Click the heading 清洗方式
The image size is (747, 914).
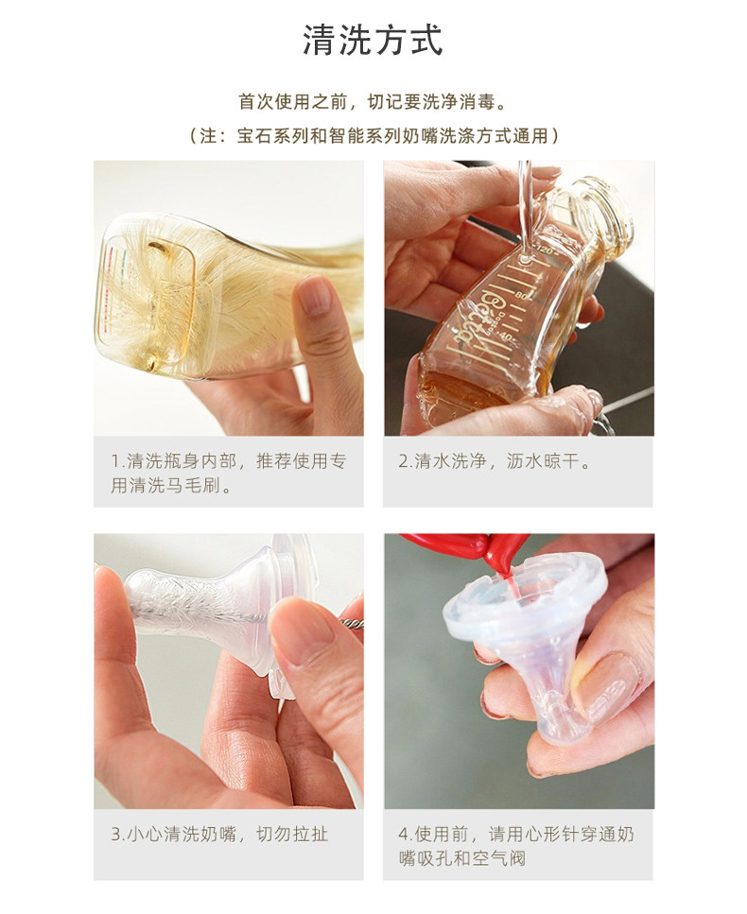[x=373, y=41]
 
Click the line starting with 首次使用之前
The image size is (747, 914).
[x=373, y=102]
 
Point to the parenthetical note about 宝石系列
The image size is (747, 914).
[x=373, y=136]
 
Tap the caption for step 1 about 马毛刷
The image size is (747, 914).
[x=229, y=473]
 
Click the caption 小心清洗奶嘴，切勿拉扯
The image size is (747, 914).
[x=219, y=835]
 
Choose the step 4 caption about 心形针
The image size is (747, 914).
[x=516, y=846]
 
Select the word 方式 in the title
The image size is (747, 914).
[x=408, y=41]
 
